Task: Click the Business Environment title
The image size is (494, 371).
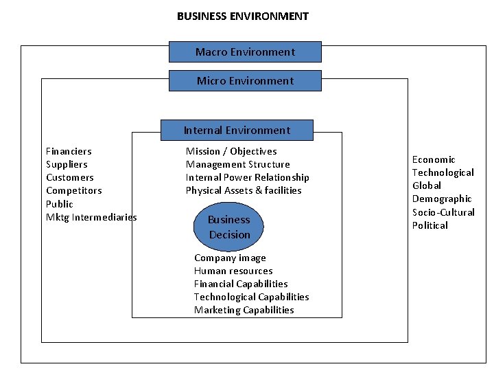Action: point(243,16)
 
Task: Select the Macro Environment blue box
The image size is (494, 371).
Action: point(245,52)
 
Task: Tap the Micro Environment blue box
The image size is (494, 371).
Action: point(245,81)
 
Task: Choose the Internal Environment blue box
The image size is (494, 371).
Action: point(237,131)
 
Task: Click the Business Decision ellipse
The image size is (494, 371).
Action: point(229,227)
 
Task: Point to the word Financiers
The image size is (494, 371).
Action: point(69,151)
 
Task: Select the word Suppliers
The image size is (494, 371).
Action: point(67,164)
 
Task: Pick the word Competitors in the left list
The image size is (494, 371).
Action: point(73,190)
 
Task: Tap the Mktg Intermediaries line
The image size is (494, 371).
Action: point(91,217)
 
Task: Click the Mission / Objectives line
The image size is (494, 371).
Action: point(231,151)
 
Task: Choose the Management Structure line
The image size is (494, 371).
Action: point(237,164)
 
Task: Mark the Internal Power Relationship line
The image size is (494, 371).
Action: point(247,177)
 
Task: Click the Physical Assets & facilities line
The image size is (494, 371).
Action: point(244,190)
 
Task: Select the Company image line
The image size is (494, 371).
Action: point(230,258)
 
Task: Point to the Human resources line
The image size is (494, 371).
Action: point(233,271)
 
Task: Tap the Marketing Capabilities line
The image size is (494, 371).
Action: point(244,310)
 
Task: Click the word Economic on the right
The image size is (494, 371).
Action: point(434,159)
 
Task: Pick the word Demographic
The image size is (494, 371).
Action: point(442,199)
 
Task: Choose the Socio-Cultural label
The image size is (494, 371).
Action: point(443,212)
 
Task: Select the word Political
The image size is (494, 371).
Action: point(430,225)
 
